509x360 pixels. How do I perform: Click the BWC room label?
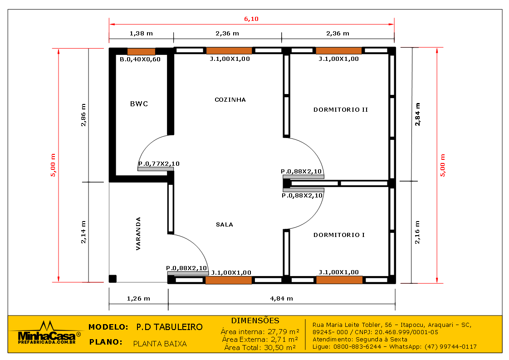pyautogui.click(x=139, y=104)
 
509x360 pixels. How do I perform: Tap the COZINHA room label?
pyautogui.click(x=230, y=100)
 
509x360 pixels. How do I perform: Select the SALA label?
pyautogui.click(x=224, y=225)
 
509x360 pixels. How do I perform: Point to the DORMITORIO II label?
pyautogui.click(x=341, y=110)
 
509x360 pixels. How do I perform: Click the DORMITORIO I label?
pyautogui.click(x=339, y=235)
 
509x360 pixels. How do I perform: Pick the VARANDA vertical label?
pyautogui.click(x=138, y=234)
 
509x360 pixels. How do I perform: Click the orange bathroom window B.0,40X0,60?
pyautogui.click(x=141, y=51)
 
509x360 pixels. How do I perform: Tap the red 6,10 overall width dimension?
pyautogui.click(x=251, y=19)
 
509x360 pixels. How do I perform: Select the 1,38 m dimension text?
pyautogui.click(x=141, y=33)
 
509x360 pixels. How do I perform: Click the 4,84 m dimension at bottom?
pyautogui.click(x=281, y=298)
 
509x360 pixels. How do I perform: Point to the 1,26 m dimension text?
pyautogui.click(x=138, y=298)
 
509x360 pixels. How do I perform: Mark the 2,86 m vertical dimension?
pyautogui.click(x=83, y=115)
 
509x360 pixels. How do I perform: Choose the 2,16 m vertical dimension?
pyautogui.click(x=417, y=232)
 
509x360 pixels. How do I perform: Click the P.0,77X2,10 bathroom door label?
pyautogui.click(x=159, y=164)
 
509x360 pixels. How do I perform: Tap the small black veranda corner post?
pyautogui.click(x=113, y=279)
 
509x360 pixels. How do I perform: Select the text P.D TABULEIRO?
pyautogui.click(x=169, y=327)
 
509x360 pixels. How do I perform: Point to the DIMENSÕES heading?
pyautogui.click(x=255, y=321)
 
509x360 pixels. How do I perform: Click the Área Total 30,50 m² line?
pyautogui.click(x=260, y=347)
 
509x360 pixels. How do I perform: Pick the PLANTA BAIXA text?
pyautogui.click(x=160, y=344)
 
